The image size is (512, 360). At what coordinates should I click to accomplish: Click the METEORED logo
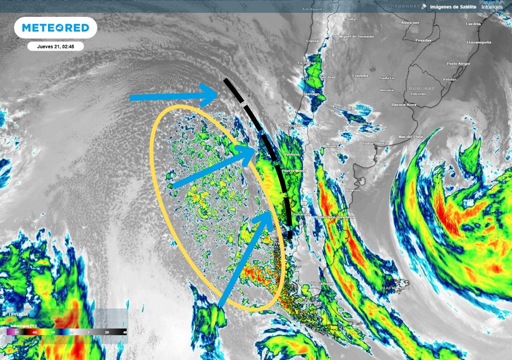pos(55,28)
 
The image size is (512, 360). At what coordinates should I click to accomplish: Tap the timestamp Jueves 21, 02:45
pos(55,46)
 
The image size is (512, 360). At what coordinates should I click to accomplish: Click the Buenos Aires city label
pos(404,104)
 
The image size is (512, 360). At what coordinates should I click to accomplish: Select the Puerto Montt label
pos(294,171)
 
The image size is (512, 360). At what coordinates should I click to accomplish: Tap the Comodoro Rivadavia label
pos(336,217)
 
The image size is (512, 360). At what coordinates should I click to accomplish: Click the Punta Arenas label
pos(308,302)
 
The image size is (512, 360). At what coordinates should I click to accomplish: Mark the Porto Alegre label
pos(458,63)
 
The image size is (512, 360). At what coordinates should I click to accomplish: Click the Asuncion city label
pos(410,23)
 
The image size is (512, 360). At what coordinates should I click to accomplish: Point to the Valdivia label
pos(291,154)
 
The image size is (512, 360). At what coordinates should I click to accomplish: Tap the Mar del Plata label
pos(410,136)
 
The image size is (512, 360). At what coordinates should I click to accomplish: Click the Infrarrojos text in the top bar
pos(492,6)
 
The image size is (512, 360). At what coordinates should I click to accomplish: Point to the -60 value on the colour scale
pos(34,332)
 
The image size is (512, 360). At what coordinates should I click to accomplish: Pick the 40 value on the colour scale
pos(124,332)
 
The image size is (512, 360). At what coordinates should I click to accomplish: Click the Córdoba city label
pos(360,75)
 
